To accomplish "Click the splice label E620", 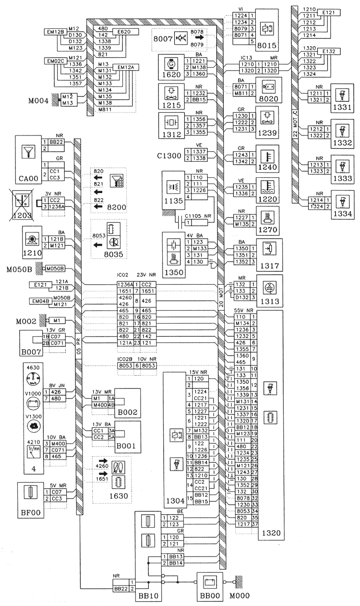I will [x=119, y=32].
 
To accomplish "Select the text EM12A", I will [x=126, y=67].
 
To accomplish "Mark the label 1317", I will [x=270, y=266].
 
